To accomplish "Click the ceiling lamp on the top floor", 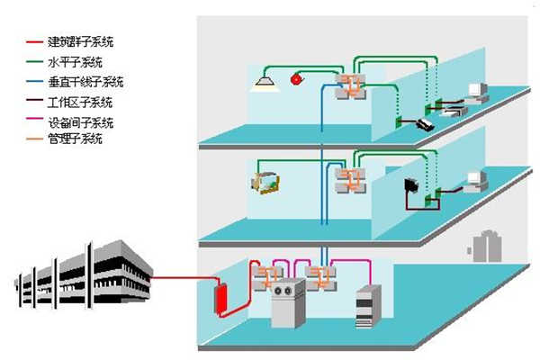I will pos(264,83).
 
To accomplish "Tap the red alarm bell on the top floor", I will pos(296,81).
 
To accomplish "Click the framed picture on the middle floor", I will pos(265,184).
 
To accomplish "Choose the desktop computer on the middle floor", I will pos(474,181).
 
